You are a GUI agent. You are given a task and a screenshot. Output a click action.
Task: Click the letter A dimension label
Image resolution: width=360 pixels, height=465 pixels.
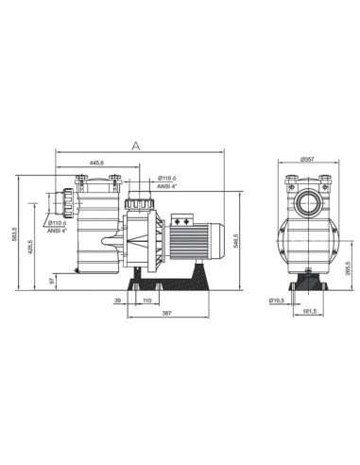(137, 145)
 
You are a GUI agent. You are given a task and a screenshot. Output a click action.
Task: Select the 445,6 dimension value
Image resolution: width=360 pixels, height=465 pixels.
(96, 163)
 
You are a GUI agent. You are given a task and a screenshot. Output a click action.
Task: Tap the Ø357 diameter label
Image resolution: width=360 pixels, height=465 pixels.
(305, 160)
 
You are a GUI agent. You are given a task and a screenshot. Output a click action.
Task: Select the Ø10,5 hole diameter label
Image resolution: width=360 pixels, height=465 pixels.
(277, 301)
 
